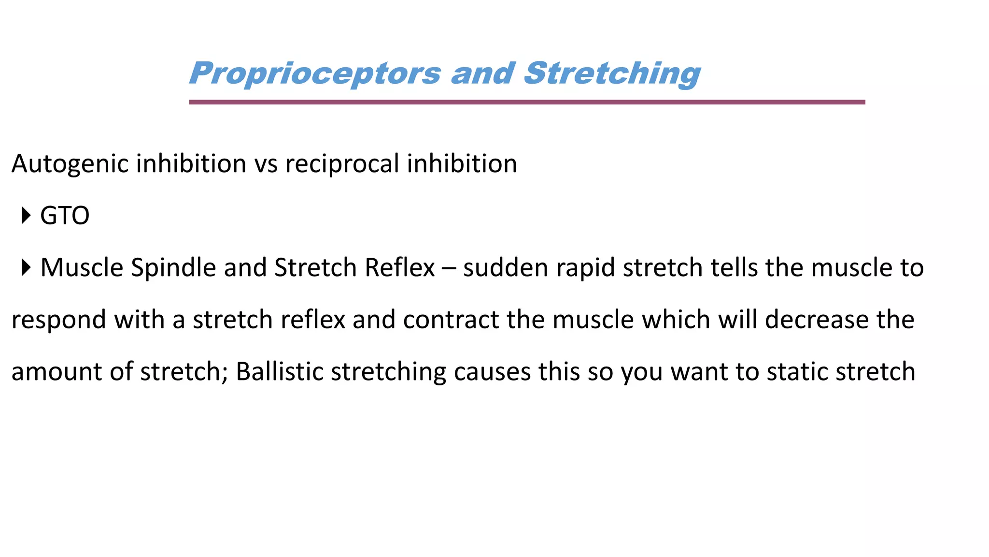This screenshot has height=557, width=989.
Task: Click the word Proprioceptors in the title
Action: (x=315, y=73)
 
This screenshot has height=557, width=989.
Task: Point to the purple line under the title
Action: (x=526, y=102)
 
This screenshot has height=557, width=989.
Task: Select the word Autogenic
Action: (x=71, y=164)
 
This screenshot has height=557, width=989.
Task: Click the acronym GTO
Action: (x=65, y=216)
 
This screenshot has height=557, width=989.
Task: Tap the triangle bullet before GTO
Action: (x=26, y=215)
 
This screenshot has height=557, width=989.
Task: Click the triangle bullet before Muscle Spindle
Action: (x=26, y=267)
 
